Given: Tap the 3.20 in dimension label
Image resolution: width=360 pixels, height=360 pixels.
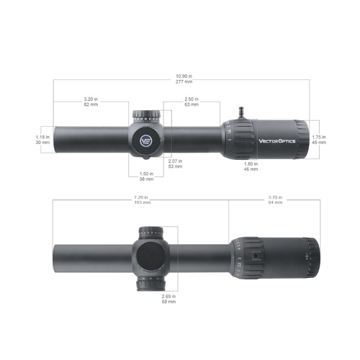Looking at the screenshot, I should [x=91, y=99].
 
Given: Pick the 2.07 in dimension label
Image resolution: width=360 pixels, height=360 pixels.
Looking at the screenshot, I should [x=174, y=161].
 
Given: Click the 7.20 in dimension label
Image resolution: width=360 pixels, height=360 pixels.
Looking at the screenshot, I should [x=140, y=197].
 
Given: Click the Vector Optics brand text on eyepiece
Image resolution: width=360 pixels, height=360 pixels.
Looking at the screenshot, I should [x=277, y=141].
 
